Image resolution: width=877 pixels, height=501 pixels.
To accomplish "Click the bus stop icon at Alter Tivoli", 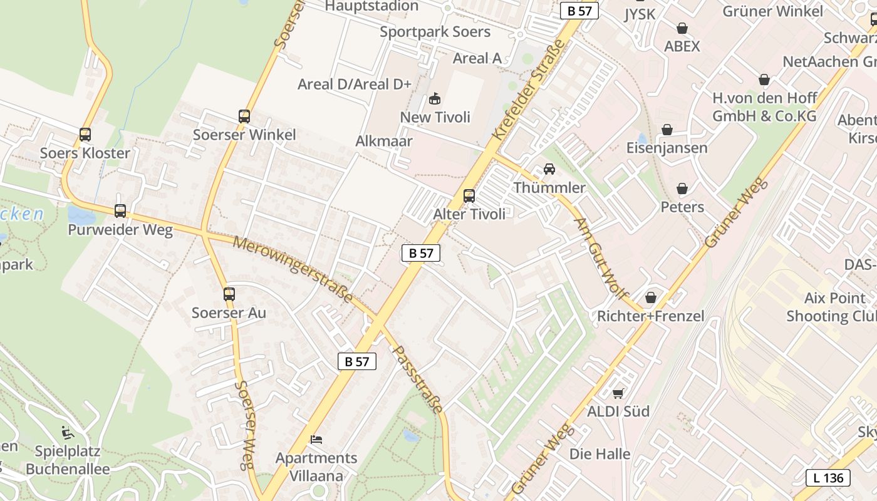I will [x=469, y=196].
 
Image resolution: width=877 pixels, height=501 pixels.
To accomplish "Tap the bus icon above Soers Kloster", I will [x=85, y=135].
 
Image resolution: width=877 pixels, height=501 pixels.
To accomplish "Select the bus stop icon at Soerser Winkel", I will [x=244, y=116].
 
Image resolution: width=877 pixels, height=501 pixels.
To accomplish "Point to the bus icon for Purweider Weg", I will [x=120, y=211].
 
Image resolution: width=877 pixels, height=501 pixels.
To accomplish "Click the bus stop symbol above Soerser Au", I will [x=229, y=294].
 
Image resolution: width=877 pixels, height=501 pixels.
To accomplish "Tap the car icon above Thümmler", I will [x=549, y=169].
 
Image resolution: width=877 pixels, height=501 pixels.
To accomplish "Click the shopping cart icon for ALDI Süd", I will [x=618, y=393].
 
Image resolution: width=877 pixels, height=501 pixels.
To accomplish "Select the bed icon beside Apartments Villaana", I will [x=316, y=440].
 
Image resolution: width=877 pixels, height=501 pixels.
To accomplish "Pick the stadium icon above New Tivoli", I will [x=435, y=99].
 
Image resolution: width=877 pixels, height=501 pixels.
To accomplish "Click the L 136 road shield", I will [x=828, y=478].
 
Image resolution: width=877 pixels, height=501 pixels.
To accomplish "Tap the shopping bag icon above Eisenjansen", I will [x=667, y=130].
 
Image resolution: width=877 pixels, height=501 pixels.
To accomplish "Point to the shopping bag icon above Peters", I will [x=682, y=189].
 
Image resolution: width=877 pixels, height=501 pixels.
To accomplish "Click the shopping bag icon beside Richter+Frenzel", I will [x=651, y=297].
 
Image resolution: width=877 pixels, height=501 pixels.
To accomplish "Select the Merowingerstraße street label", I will [x=293, y=269].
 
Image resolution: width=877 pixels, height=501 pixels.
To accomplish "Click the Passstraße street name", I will [x=418, y=379].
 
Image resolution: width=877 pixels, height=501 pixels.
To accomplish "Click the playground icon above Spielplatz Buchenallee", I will [x=67, y=433].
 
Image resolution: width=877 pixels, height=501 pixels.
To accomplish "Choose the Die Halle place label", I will [x=600, y=453].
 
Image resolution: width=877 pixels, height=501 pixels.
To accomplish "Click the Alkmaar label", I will [x=384, y=141].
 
